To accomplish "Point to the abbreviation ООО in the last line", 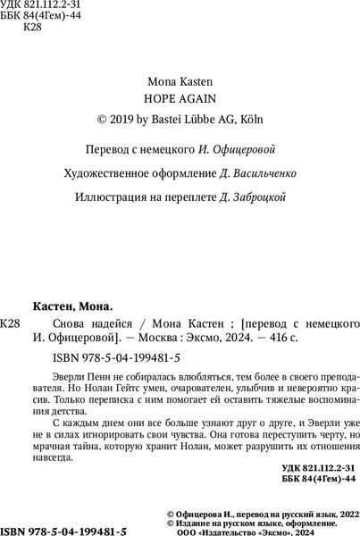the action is (197, 530).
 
